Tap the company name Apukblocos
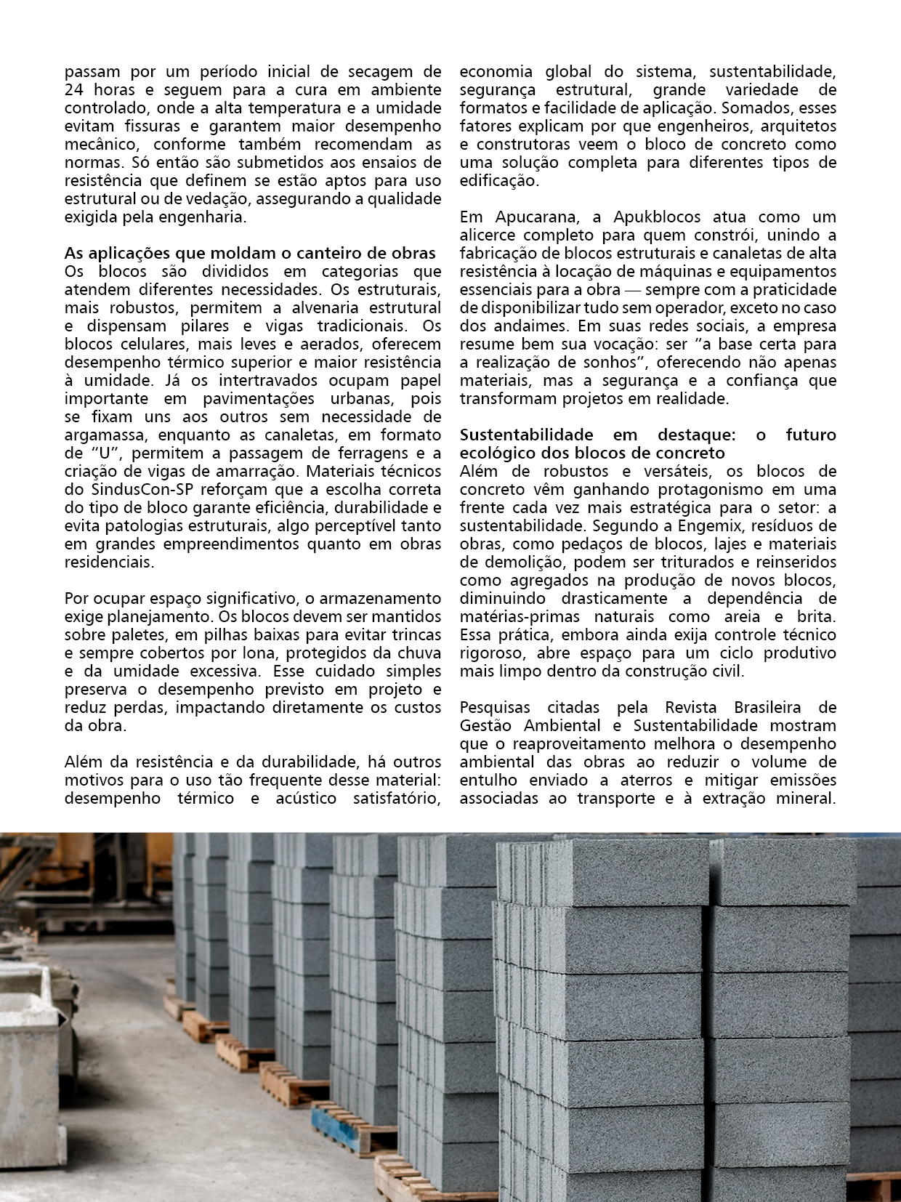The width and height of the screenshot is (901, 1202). [x=657, y=217]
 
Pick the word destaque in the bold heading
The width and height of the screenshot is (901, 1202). [x=696, y=435]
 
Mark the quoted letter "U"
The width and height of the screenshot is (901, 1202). [x=105, y=453]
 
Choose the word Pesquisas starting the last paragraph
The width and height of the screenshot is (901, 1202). [x=494, y=708]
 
